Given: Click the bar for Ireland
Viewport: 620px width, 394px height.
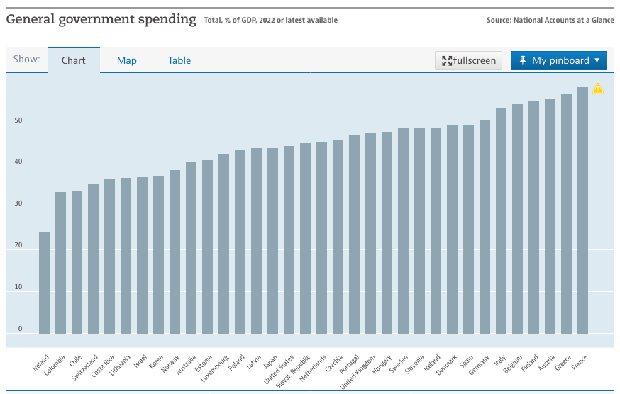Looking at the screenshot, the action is (44, 283).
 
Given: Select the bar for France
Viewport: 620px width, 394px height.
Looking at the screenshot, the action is (582, 210).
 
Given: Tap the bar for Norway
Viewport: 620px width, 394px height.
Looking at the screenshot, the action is (175, 252).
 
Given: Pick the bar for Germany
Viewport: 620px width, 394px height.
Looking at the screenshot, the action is (485, 227).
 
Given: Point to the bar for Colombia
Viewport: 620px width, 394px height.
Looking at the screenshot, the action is (60, 263).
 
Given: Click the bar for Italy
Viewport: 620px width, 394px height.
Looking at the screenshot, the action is (501, 220).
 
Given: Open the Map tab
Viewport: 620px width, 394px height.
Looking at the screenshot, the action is (126, 60).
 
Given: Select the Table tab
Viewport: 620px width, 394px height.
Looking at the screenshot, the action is (179, 60).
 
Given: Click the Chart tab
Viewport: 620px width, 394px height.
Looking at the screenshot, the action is (74, 60).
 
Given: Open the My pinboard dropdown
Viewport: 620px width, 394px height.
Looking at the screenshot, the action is (559, 60).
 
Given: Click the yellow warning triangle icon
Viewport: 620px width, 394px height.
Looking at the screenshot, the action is (598, 88).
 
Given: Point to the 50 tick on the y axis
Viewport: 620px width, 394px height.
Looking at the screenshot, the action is (18, 120).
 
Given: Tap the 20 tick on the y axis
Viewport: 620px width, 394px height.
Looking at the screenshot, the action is (18, 245).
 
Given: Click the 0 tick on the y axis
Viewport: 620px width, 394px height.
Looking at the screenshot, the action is (20, 328).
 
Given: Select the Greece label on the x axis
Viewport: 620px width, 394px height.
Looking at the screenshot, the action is (563, 363).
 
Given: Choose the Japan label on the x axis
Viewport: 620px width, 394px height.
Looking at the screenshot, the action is (270, 362).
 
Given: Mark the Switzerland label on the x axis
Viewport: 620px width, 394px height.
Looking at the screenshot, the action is (84, 368).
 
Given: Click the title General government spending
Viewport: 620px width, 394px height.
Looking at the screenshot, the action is (101, 19).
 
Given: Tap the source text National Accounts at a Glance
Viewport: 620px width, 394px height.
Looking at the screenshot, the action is (563, 20).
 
